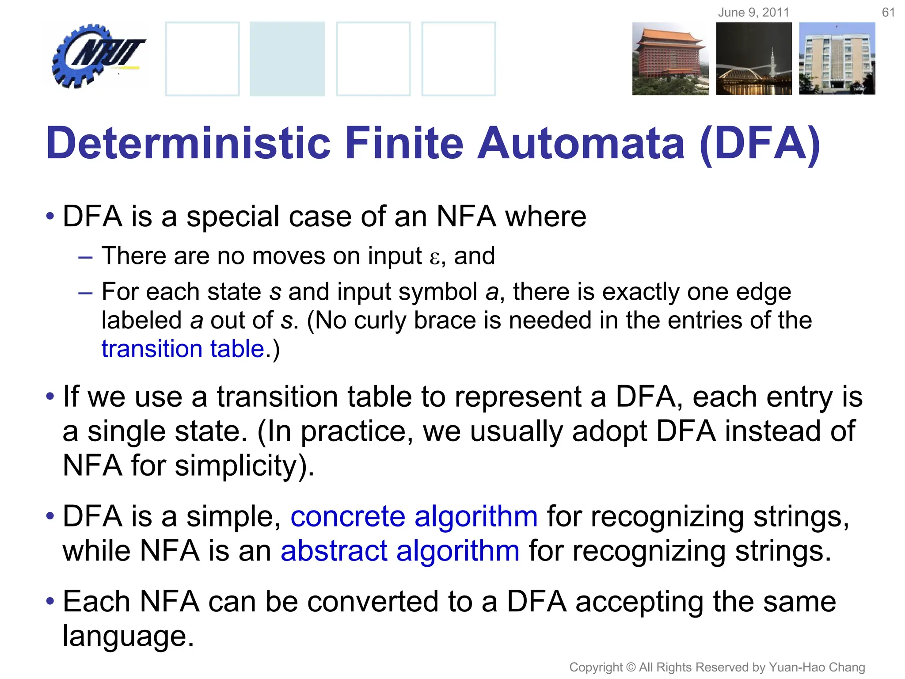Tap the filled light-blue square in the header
pos(287,59)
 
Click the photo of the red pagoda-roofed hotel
pos(670,59)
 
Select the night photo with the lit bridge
pos(754,59)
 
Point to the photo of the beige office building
pos(837,59)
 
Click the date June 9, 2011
pos(753,12)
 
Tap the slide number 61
pos(888,12)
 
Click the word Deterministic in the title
pos(188,143)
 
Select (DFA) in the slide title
pos(760,143)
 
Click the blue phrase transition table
pos(183,349)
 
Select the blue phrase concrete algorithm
pos(414,516)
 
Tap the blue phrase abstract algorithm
pos(400,551)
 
